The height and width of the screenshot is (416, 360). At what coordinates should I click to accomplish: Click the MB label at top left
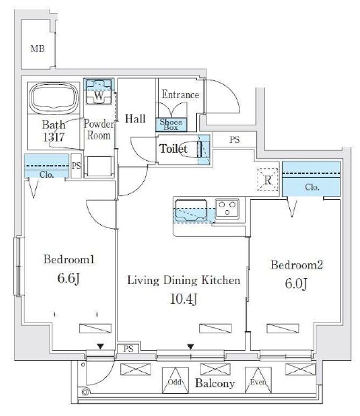(x=38, y=49)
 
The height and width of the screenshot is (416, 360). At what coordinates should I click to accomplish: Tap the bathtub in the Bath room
(x=54, y=97)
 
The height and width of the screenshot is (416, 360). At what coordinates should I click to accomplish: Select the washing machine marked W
(x=99, y=91)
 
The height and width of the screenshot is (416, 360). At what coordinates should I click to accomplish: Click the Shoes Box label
(x=171, y=125)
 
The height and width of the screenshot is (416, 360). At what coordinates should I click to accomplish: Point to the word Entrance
(x=181, y=94)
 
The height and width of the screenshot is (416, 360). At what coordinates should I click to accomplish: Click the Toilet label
(x=173, y=148)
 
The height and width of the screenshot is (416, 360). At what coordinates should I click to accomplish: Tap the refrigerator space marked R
(x=268, y=180)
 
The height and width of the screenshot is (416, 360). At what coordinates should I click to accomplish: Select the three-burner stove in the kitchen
(x=227, y=209)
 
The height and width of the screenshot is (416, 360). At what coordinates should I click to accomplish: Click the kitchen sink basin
(x=191, y=210)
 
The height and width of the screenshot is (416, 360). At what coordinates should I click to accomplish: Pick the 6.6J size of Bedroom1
(x=69, y=278)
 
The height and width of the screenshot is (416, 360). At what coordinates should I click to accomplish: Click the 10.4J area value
(x=183, y=299)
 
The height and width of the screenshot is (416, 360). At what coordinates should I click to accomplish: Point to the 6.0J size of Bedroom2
(x=296, y=284)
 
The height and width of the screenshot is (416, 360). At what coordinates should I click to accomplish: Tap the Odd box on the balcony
(x=176, y=380)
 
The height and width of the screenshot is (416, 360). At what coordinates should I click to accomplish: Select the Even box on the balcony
(x=258, y=380)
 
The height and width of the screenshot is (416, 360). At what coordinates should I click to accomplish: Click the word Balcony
(x=215, y=384)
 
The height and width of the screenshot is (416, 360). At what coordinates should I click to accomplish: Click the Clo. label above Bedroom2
(x=312, y=187)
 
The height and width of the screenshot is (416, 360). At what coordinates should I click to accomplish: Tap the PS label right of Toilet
(x=235, y=140)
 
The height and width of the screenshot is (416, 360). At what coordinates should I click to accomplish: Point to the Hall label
(x=135, y=119)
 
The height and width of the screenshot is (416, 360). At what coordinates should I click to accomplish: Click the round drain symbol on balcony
(x=86, y=392)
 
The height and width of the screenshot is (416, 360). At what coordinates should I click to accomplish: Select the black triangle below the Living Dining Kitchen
(x=191, y=347)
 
